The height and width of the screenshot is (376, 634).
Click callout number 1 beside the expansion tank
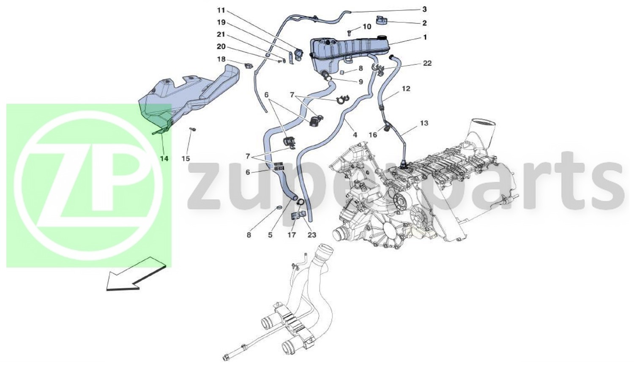coord(425,37)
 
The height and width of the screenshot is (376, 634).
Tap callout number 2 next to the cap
coord(424,23)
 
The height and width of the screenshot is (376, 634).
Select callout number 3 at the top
coord(424,9)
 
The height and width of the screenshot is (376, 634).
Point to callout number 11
coord(221,10)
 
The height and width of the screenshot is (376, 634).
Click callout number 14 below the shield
coord(164,159)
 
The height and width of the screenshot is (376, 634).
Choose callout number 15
coord(186,159)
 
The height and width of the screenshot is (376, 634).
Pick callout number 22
coord(427,63)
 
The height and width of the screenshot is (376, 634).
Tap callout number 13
coord(424,123)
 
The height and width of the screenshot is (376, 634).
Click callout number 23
coord(312,235)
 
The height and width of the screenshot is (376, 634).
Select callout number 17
coord(292,235)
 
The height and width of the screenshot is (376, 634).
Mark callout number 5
coord(270,235)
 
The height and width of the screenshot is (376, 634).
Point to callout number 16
coord(373,135)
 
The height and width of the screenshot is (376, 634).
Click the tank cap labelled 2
coord(381,20)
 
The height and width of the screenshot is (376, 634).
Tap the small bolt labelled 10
coord(350,33)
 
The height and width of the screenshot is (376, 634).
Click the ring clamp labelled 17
coord(301,202)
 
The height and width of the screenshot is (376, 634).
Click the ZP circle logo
coord(88,185)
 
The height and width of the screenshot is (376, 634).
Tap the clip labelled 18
coord(249,66)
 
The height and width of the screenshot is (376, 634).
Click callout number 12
coord(406,89)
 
